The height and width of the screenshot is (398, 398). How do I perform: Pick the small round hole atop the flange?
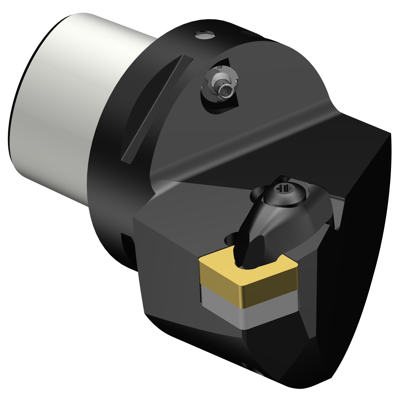[x=204, y=35]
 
